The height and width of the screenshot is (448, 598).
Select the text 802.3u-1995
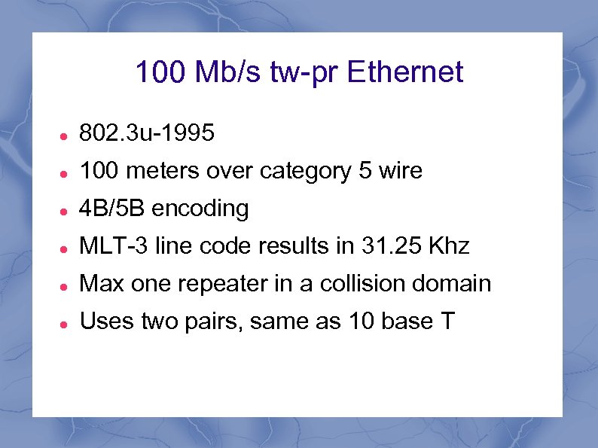[147, 134]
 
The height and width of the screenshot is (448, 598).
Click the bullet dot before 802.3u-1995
[66, 136]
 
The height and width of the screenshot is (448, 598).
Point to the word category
[305, 172]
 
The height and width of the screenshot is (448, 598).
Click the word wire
[400, 172]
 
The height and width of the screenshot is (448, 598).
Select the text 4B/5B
[112, 209]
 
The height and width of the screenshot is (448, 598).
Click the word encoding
[200, 209]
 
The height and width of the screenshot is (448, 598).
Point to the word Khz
[450, 246]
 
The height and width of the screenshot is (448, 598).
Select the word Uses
[103, 321]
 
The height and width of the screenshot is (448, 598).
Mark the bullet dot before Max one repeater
[66, 285]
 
